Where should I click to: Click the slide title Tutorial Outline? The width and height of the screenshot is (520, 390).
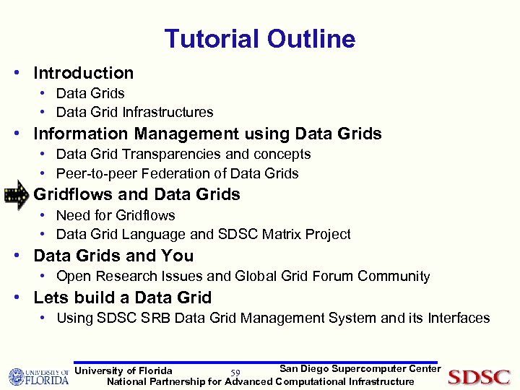259,39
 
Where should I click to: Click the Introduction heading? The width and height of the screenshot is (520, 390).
83,73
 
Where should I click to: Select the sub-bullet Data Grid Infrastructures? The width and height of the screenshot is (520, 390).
134,112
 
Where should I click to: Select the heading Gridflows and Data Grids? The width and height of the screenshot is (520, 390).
136,194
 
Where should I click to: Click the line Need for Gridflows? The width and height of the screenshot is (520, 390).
115,215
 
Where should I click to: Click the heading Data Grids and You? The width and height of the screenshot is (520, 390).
113,256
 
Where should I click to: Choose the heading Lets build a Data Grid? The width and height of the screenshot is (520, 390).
122,298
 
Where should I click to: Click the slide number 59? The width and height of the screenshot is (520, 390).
235,373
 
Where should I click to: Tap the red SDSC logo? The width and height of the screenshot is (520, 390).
479,377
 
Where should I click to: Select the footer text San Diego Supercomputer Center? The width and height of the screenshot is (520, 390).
360,369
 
